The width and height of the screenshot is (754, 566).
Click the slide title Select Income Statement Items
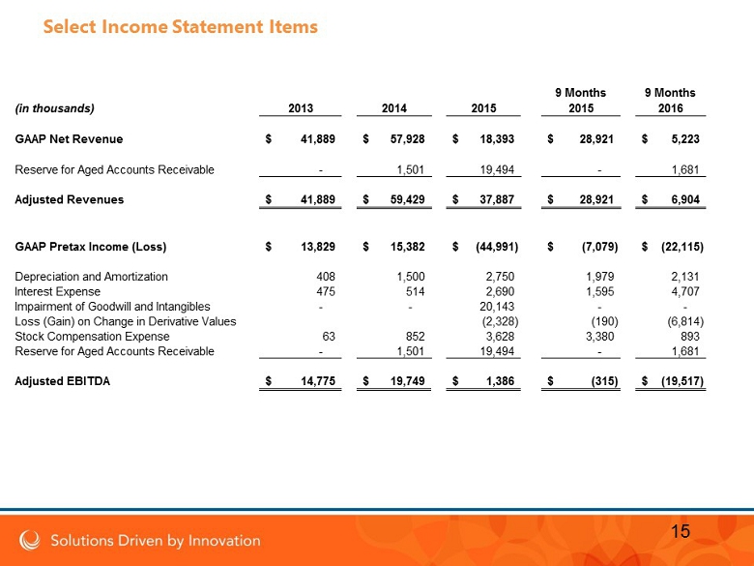[180, 27]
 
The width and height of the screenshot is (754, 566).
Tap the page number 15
[680, 530]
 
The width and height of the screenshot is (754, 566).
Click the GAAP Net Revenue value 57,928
[407, 140]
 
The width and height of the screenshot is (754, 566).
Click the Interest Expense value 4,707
[684, 291]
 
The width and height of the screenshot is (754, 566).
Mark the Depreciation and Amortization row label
[91, 277]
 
